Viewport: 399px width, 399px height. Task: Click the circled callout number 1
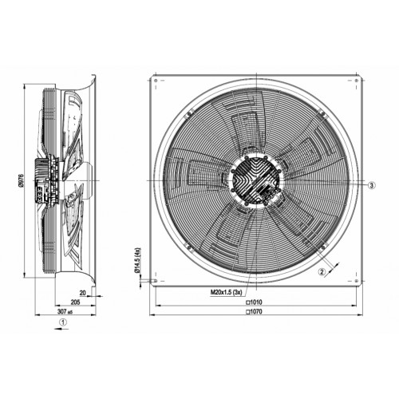[x=63, y=322]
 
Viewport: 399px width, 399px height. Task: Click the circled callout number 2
[x=322, y=272]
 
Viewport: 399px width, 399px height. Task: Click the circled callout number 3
[x=372, y=185]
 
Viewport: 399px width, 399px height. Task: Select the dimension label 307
[x=62, y=311]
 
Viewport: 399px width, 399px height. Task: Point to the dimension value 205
[x=75, y=302]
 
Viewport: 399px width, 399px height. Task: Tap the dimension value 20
[x=83, y=293]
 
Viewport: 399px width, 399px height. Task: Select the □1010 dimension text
[x=254, y=302]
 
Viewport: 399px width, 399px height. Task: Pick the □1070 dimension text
[x=254, y=311]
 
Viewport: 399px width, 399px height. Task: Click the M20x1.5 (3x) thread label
[x=227, y=292]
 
